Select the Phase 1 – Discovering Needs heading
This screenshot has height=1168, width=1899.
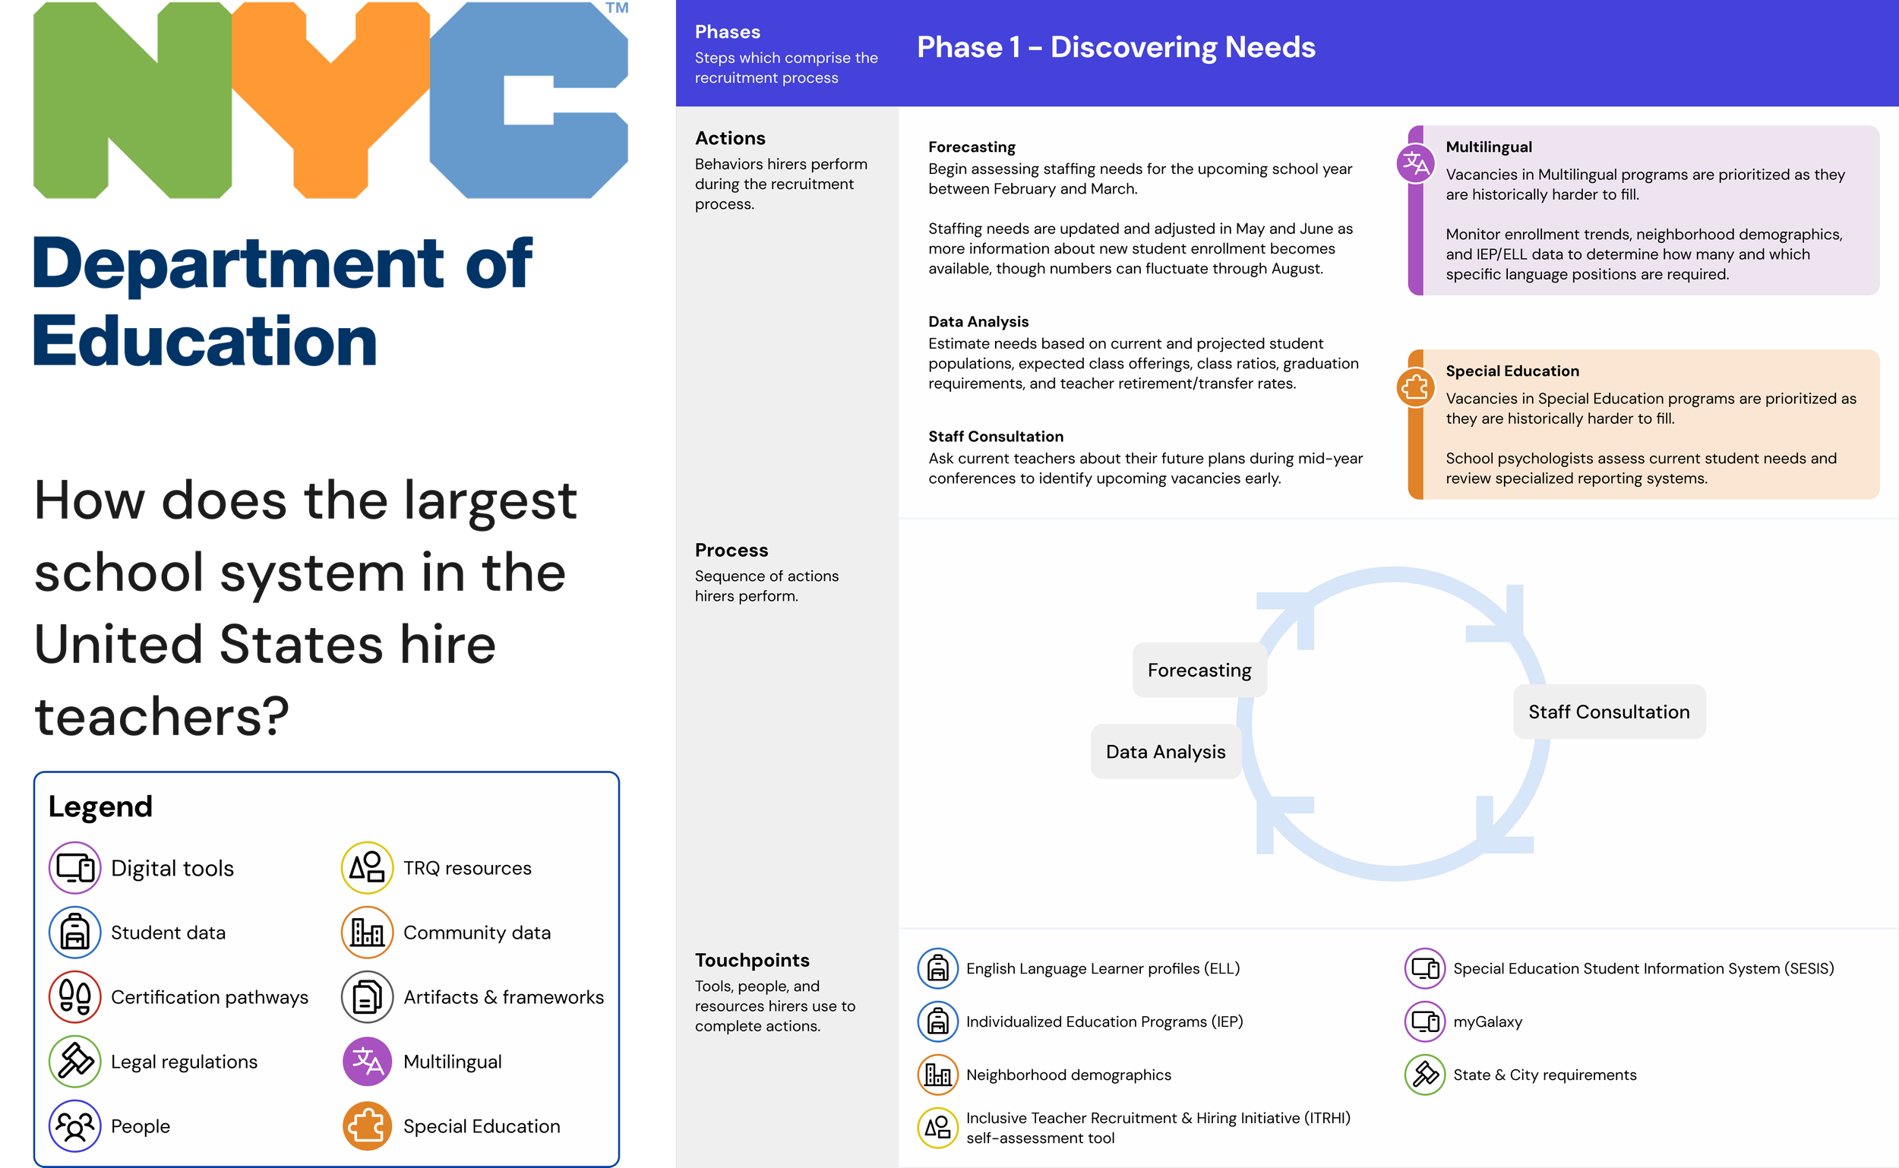(x=1116, y=47)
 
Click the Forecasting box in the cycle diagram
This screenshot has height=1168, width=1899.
(x=1199, y=670)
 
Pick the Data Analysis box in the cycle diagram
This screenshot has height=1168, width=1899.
(x=1165, y=752)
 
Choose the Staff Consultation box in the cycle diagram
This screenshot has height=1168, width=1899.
(x=1609, y=712)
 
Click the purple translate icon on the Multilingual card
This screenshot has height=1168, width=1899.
(x=1415, y=164)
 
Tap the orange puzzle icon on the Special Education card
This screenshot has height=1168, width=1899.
(x=1415, y=387)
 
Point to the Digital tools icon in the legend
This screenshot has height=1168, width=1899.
(x=75, y=867)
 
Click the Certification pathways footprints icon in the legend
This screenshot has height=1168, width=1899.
(x=75, y=996)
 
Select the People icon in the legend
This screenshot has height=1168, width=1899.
(x=75, y=1125)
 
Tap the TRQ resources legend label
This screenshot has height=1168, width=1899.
(x=466, y=868)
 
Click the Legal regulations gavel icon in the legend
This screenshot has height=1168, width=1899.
(x=75, y=1061)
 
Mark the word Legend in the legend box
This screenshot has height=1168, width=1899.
(x=100, y=807)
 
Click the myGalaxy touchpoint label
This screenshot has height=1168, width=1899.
(x=1487, y=1021)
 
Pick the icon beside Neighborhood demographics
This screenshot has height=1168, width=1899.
(x=938, y=1075)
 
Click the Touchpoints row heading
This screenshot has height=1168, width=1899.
(x=752, y=960)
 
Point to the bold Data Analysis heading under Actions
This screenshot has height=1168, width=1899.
(x=978, y=321)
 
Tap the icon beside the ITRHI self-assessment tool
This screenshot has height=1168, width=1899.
(x=938, y=1127)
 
